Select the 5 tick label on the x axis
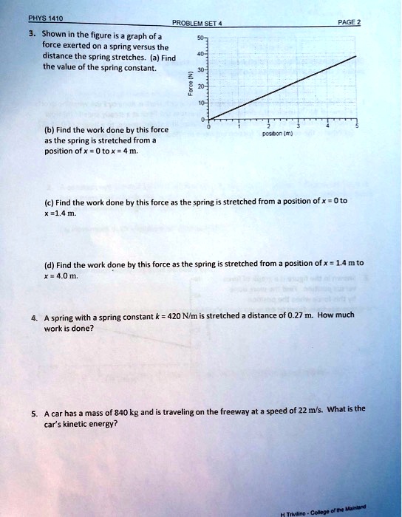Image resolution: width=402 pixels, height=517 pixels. pyautogui.click(x=355, y=127)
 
